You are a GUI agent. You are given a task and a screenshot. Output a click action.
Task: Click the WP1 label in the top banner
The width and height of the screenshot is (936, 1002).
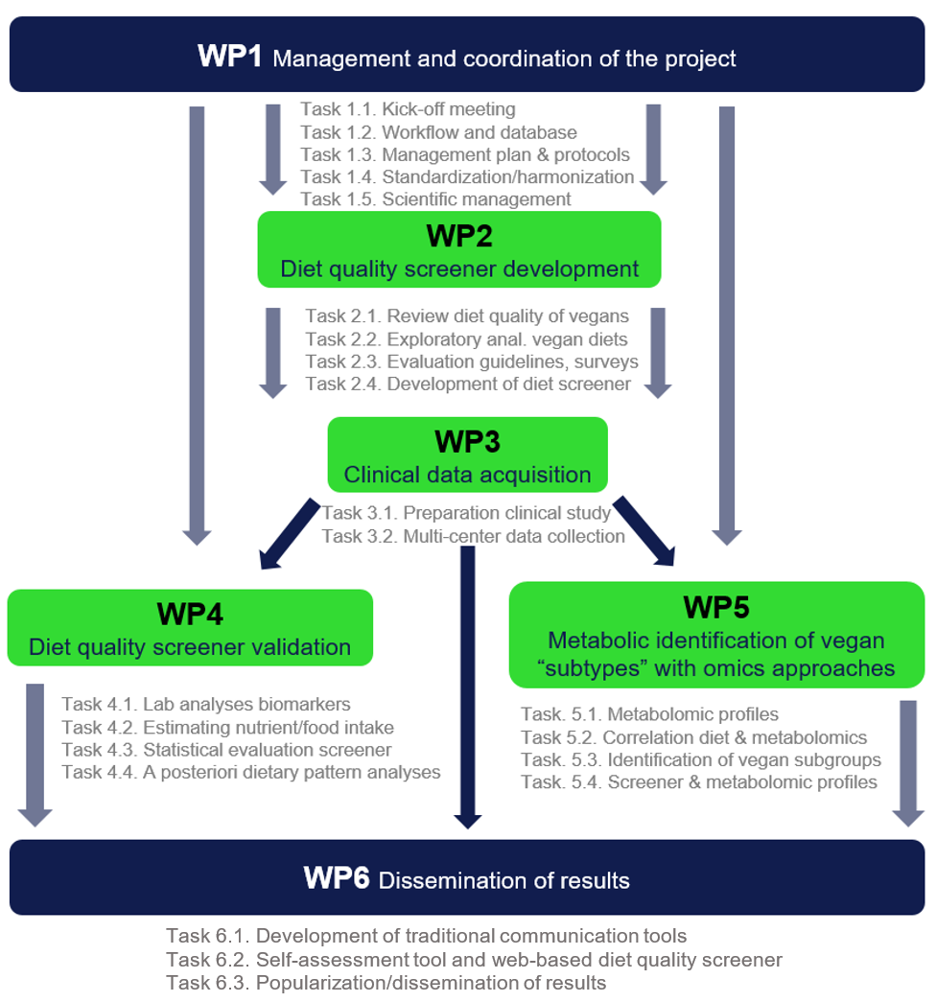tap(228, 56)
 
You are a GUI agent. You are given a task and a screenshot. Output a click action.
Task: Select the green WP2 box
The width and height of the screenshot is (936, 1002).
tap(458, 249)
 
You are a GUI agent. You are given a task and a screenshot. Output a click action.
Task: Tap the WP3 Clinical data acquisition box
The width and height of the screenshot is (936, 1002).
tap(467, 455)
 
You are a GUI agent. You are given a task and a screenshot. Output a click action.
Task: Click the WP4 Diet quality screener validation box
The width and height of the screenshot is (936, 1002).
tap(189, 628)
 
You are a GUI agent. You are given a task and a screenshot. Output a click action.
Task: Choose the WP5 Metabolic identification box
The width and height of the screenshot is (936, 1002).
tap(715, 637)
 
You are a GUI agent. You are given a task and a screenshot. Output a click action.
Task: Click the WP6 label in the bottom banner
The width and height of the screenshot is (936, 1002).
tap(337, 877)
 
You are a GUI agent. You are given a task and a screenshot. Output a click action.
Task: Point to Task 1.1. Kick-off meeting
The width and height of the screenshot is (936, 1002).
tap(408, 109)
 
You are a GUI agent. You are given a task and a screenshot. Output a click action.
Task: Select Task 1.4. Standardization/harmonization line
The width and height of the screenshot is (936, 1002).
tap(467, 176)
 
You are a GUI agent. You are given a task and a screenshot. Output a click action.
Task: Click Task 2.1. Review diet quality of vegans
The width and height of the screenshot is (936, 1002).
tap(467, 316)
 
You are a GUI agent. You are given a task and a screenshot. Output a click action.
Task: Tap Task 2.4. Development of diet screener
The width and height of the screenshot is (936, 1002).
tap(467, 384)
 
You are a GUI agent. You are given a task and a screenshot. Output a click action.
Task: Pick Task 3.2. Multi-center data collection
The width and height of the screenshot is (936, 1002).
tap(474, 536)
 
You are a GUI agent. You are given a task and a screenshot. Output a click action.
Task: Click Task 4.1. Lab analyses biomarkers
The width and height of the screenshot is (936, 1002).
tap(206, 704)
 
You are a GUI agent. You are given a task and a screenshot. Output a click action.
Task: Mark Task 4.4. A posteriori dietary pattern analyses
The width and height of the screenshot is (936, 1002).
tap(250, 771)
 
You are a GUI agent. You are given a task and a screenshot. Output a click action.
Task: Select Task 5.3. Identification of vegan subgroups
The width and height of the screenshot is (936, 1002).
tap(700, 759)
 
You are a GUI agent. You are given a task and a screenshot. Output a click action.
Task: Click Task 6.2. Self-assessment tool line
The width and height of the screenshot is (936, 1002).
tap(474, 959)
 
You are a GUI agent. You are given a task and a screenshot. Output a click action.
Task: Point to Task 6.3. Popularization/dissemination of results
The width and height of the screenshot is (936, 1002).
tap(386, 982)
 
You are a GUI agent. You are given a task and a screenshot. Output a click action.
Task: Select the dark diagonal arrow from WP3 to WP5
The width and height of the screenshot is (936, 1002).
tap(644, 530)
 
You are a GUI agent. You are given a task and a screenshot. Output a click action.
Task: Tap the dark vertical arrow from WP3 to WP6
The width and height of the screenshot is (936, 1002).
tap(468, 686)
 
